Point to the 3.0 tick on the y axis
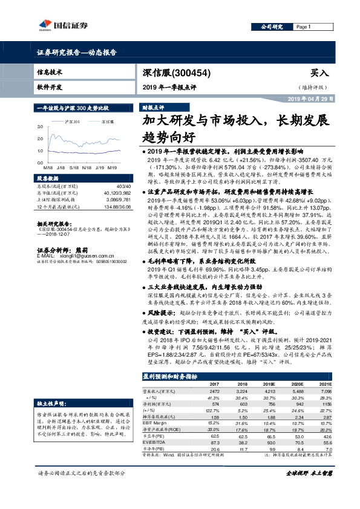click(40, 128)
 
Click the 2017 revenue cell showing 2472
click(213, 392)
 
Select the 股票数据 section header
click(46, 178)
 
